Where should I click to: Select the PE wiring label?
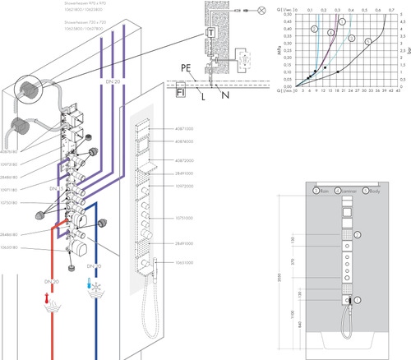(187, 69)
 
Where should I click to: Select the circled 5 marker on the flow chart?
(368, 39)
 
